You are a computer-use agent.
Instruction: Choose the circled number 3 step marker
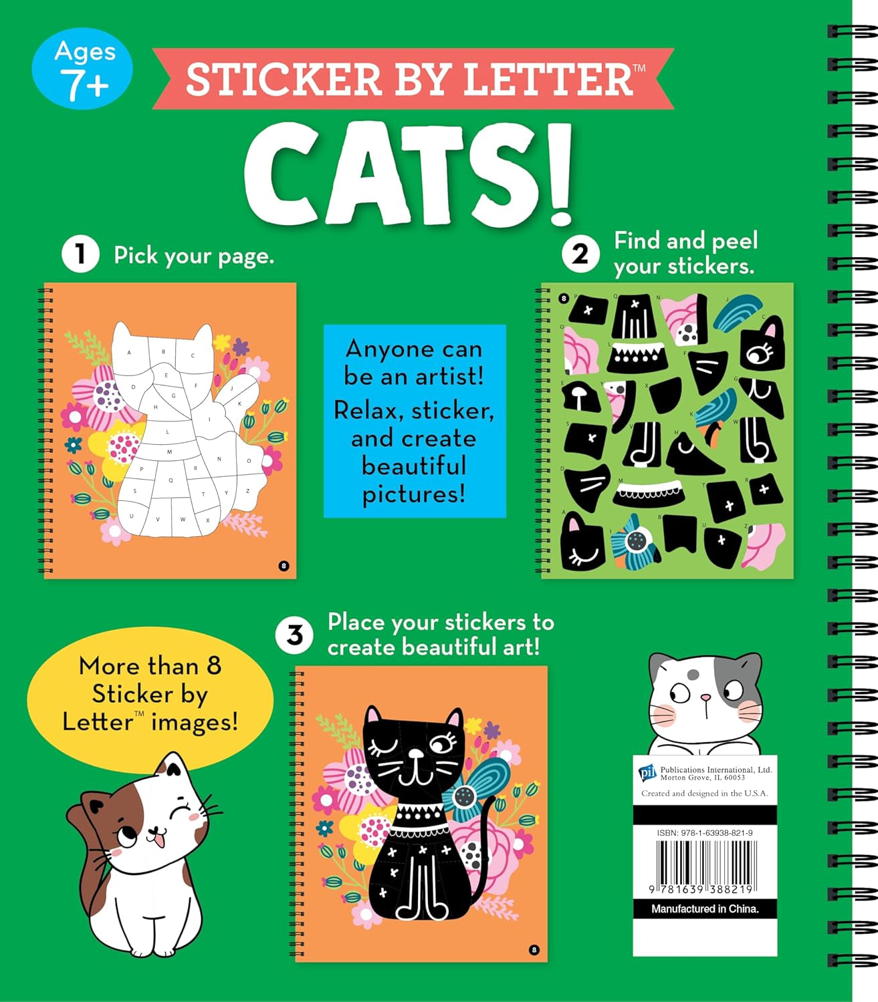coord(295,635)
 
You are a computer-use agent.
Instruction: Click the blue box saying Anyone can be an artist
coord(415,421)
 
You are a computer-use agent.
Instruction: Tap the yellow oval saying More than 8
coord(150,695)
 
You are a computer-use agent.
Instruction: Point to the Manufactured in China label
coord(705,908)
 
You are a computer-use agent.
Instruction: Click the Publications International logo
coord(647,773)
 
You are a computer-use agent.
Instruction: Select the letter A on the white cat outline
coord(130,353)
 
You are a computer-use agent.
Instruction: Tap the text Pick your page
coord(194,255)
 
